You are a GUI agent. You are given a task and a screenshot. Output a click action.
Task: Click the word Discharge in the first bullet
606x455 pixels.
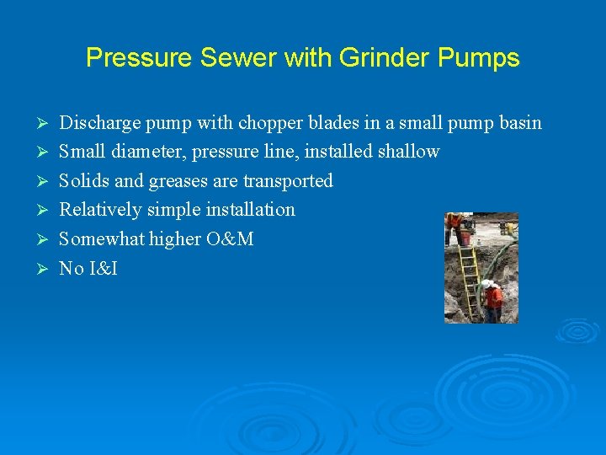[100, 123]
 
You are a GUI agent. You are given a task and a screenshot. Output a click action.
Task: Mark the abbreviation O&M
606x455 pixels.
[229, 238]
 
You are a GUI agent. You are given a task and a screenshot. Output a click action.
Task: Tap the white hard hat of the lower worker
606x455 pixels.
[486, 284]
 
